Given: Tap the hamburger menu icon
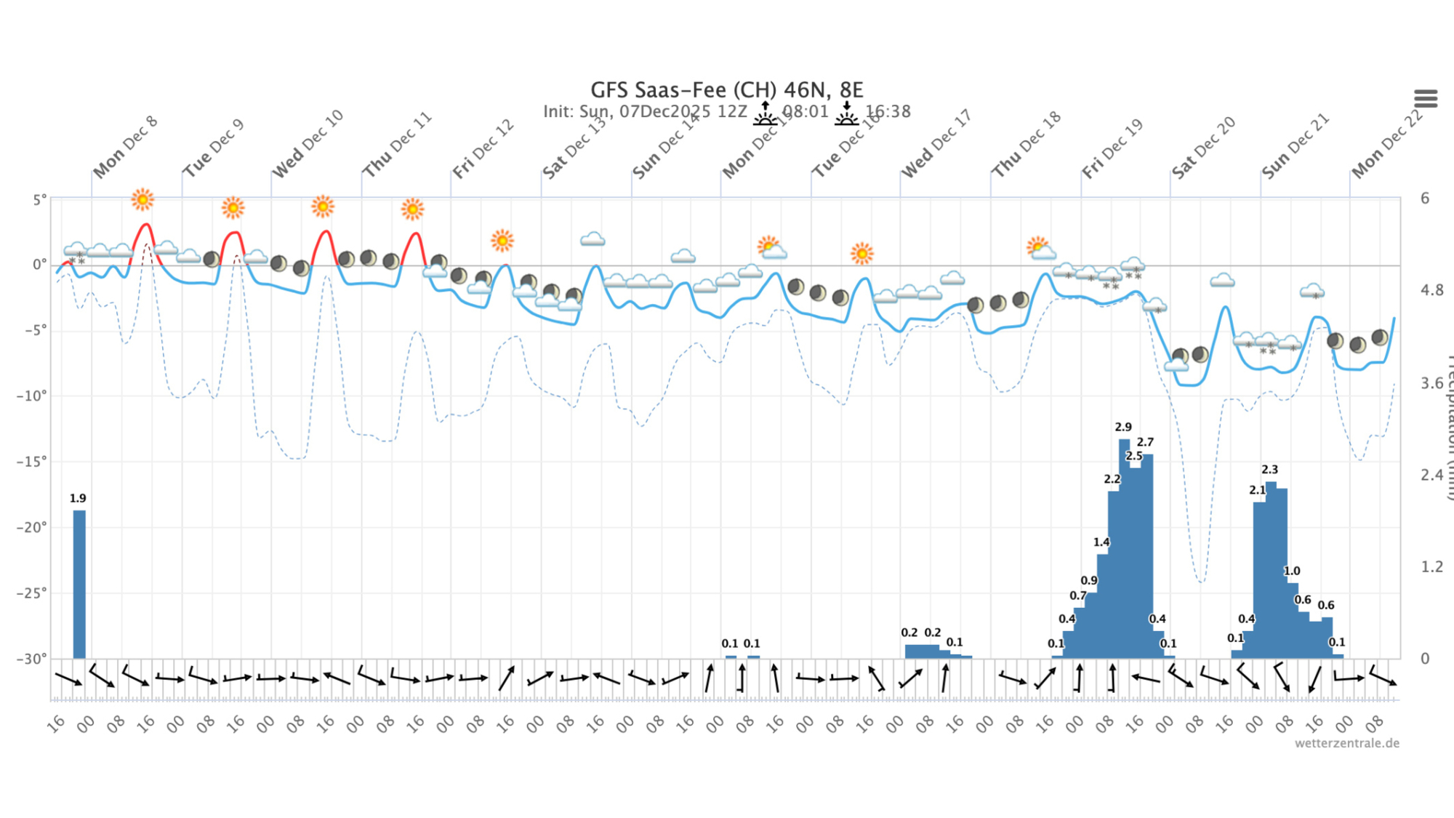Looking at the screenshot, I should (1425, 98).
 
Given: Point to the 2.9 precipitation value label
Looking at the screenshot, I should (1123, 428).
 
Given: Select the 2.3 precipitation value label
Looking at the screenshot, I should (1269, 470).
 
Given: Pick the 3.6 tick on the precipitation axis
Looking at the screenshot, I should (1432, 383).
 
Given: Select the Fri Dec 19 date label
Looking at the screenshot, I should (1112, 149).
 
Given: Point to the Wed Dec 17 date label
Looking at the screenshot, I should (936, 145).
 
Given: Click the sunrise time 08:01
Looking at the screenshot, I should (805, 111).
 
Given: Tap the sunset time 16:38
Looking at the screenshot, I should (888, 111).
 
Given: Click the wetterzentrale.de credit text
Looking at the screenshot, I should (1346, 743).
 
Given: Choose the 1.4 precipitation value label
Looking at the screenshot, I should (1101, 542).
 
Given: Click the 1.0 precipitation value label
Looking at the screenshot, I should (1292, 572).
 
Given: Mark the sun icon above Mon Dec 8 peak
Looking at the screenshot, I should (142, 199).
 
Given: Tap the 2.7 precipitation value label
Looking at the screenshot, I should (1145, 442).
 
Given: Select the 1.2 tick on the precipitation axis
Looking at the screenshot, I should (1432, 566).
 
